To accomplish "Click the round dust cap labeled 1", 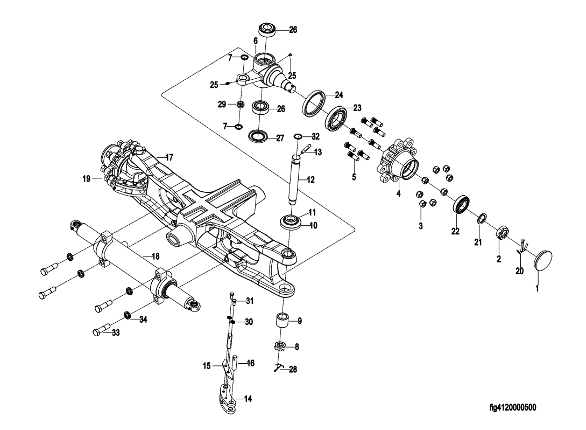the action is coord(543,260).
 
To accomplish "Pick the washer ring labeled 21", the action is coord(482,218).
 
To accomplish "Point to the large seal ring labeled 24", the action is coord(313,103).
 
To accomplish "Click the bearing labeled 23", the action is coord(336,118).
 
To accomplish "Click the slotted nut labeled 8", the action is coord(281,346).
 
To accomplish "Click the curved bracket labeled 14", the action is coord(227,399).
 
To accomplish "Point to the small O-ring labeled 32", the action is coord(298,135).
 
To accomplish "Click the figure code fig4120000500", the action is coord(513,407).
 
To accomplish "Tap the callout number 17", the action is coord(170,157).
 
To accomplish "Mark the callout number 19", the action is coord(86,179).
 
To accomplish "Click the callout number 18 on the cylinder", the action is coord(156,256).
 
